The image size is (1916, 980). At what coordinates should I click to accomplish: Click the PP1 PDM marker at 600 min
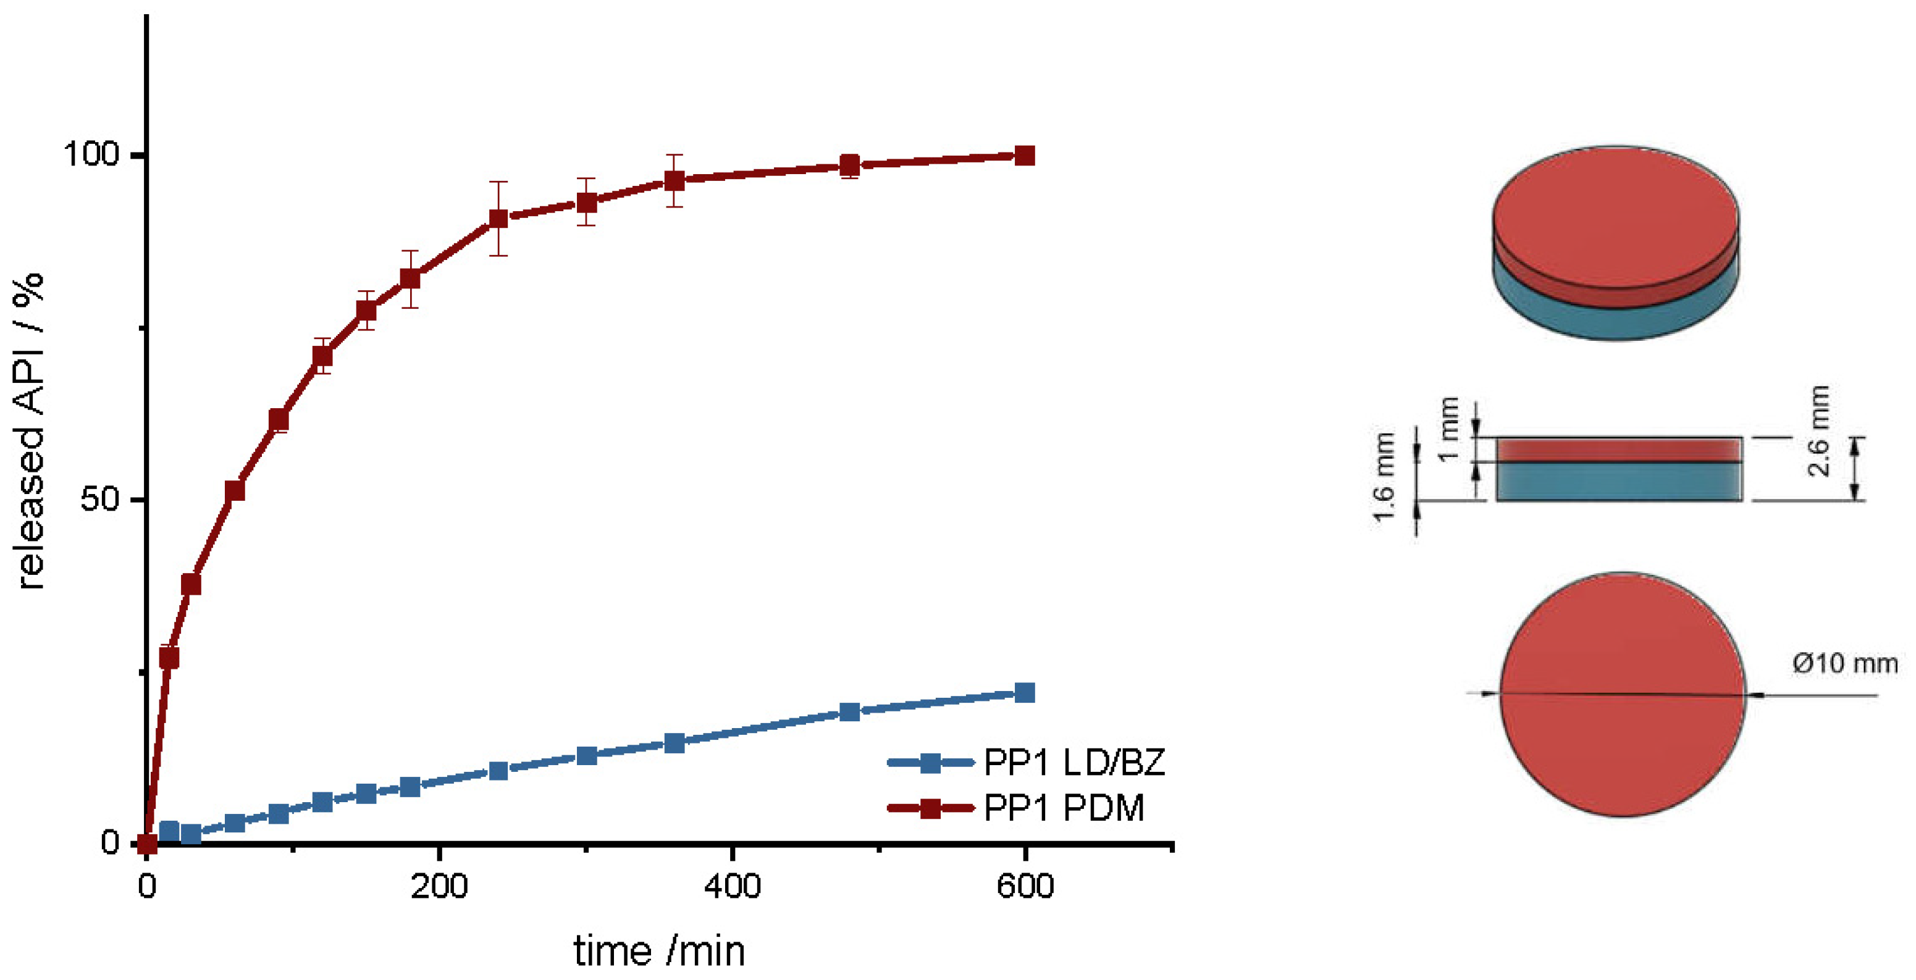[x=1024, y=156]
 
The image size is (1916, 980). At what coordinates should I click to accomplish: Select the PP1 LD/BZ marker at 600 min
[x=1024, y=692]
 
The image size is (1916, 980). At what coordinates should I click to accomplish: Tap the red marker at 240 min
[x=498, y=219]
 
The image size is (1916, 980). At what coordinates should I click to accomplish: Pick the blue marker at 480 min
[x=849, y=711]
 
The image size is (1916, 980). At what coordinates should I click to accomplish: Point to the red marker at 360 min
[x=674, y=181]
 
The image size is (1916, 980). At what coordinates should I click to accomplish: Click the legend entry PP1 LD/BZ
[x=1074, y=762]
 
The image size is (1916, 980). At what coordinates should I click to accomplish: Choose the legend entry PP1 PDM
[x=1063, y=808]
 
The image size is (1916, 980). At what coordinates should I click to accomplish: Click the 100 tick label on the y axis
[x=91, y=154]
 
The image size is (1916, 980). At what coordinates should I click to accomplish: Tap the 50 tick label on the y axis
[x=99, y=498]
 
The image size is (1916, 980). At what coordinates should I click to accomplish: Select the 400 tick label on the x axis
[x=732, y=886]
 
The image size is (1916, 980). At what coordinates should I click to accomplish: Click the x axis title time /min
[x=659, y=951]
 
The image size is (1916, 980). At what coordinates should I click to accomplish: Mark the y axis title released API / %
[x=30, y=431]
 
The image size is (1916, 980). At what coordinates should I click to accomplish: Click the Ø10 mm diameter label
[x=1844, y=663]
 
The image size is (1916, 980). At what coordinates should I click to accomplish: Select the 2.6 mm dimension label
[x=1818, y=431]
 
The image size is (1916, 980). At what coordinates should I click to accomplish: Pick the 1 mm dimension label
[x=1447, y=429]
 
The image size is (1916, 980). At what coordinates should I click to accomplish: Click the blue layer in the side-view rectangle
[x=1618, y=482]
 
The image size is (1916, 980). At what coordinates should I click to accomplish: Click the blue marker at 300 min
[x=587, y=755]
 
